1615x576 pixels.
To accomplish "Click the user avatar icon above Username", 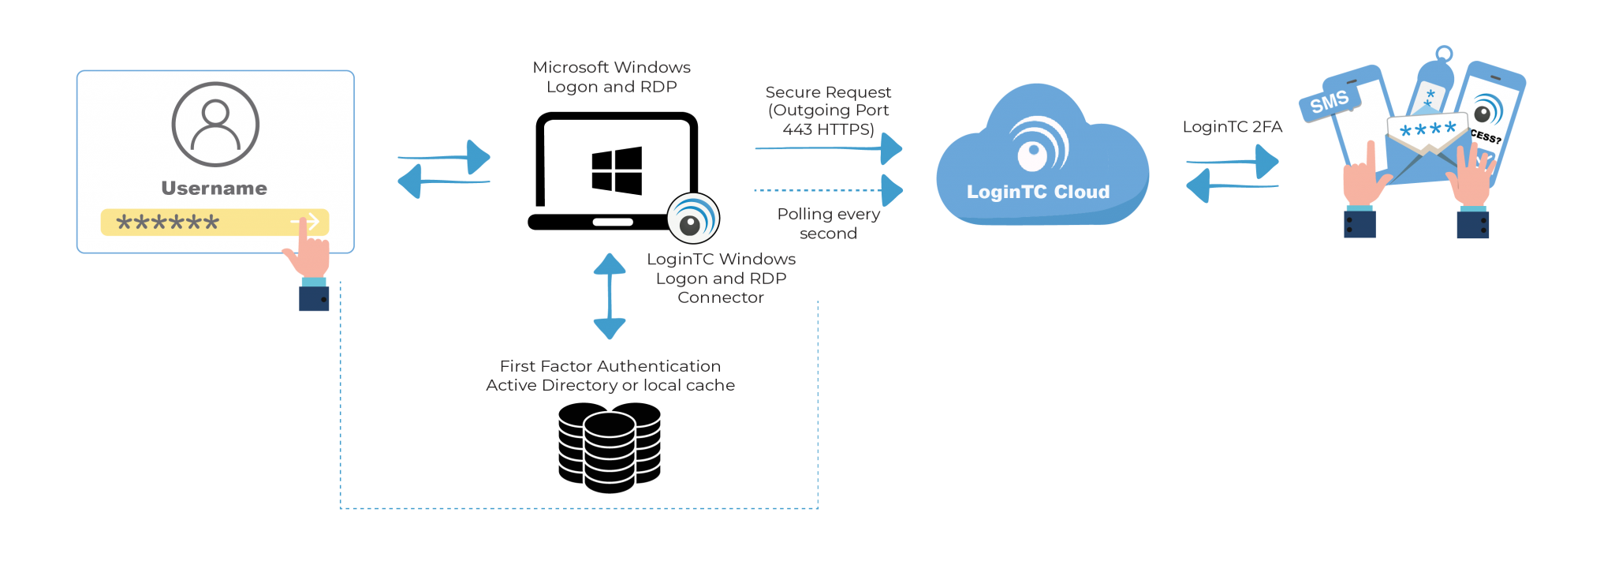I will pos(215,124).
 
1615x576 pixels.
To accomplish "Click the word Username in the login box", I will pos(214,189).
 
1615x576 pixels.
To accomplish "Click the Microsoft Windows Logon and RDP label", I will pos(611,77).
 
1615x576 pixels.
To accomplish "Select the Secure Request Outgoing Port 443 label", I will pos(828,110).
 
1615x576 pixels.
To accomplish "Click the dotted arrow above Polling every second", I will pos(828,190).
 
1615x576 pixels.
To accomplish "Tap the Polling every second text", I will pos(828,224).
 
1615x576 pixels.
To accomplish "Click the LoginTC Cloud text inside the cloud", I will pos(1038,193).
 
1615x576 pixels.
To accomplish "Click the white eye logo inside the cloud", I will pos(1039,145).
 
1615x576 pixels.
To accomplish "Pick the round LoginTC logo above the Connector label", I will pos(692,219).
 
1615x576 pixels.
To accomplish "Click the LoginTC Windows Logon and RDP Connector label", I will pos(721,279).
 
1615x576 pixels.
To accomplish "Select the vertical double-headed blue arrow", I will pos(610,296).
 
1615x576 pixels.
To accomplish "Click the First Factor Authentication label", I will pos(610,376).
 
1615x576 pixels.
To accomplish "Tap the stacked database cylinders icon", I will pos(610,447).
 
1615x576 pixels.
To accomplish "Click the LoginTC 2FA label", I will pos(1232,127).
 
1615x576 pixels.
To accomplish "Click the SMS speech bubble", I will pos(1329,103).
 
